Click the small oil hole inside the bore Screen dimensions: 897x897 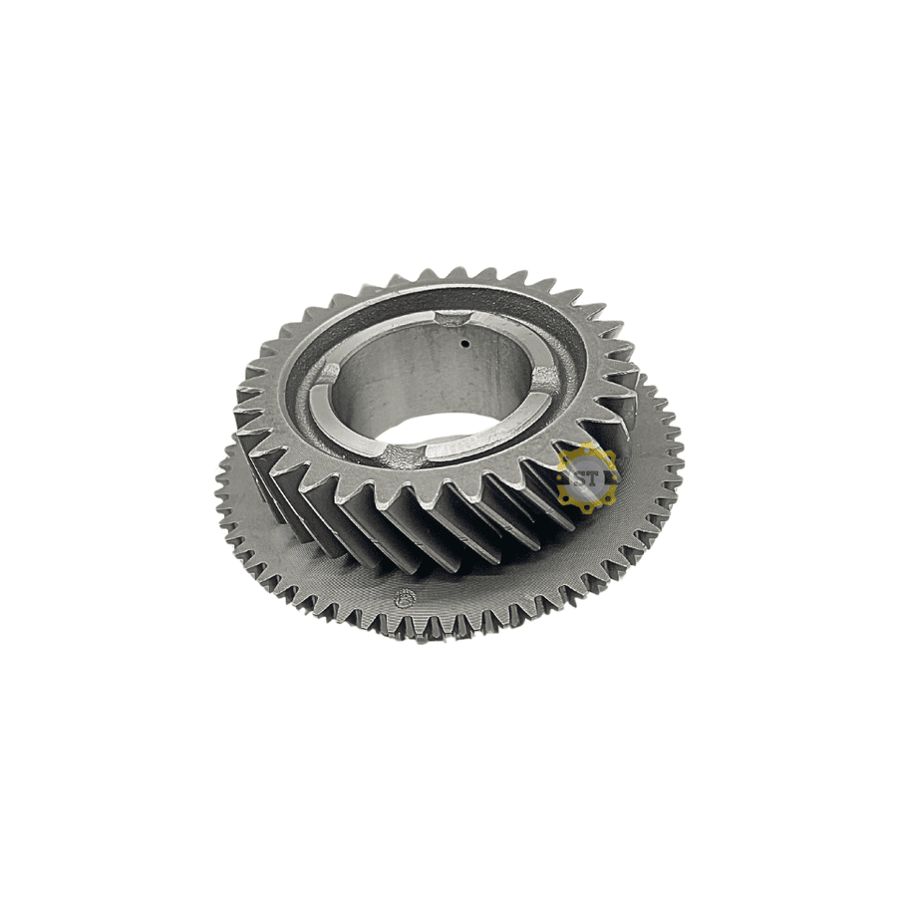(x=465, y=344)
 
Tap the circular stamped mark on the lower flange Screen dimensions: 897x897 (x=405, y=598)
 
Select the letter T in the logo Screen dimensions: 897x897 (x=594, y=478)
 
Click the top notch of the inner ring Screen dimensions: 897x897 (x=451, y=318)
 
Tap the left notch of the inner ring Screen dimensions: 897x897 (x=326, y=376)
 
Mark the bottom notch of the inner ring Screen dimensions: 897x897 (x=403, y=454)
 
